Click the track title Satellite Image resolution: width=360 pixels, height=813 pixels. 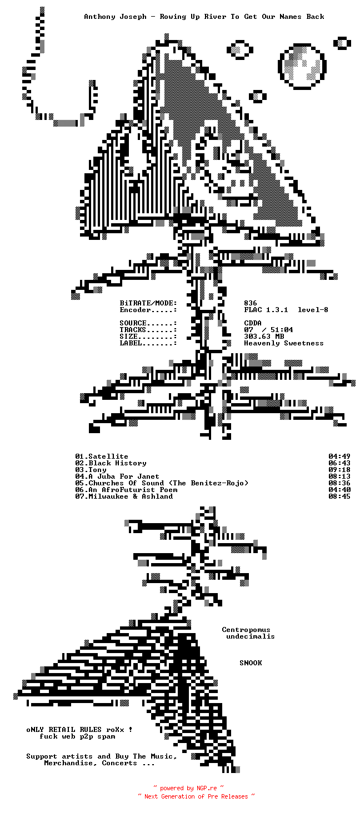108,456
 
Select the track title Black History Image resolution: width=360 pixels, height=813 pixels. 117,463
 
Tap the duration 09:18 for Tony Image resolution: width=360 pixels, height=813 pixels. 339,470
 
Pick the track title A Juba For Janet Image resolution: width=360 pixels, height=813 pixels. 124,476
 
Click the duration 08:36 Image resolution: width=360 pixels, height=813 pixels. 339,483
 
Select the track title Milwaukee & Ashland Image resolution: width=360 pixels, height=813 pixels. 131,496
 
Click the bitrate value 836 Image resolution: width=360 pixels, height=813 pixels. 251,303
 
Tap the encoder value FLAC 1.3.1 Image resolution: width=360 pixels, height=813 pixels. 266,310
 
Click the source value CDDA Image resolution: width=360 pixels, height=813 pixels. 253,323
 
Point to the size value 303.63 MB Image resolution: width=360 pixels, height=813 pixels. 264,337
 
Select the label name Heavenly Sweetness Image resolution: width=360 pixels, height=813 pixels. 283,343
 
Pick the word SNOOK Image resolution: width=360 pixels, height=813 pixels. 251,663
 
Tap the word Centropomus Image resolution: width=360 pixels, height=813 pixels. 246,630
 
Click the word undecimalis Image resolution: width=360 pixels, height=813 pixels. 251,636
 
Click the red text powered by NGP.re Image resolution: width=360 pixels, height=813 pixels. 188,788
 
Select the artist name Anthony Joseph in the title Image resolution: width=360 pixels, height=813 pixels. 115,17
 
